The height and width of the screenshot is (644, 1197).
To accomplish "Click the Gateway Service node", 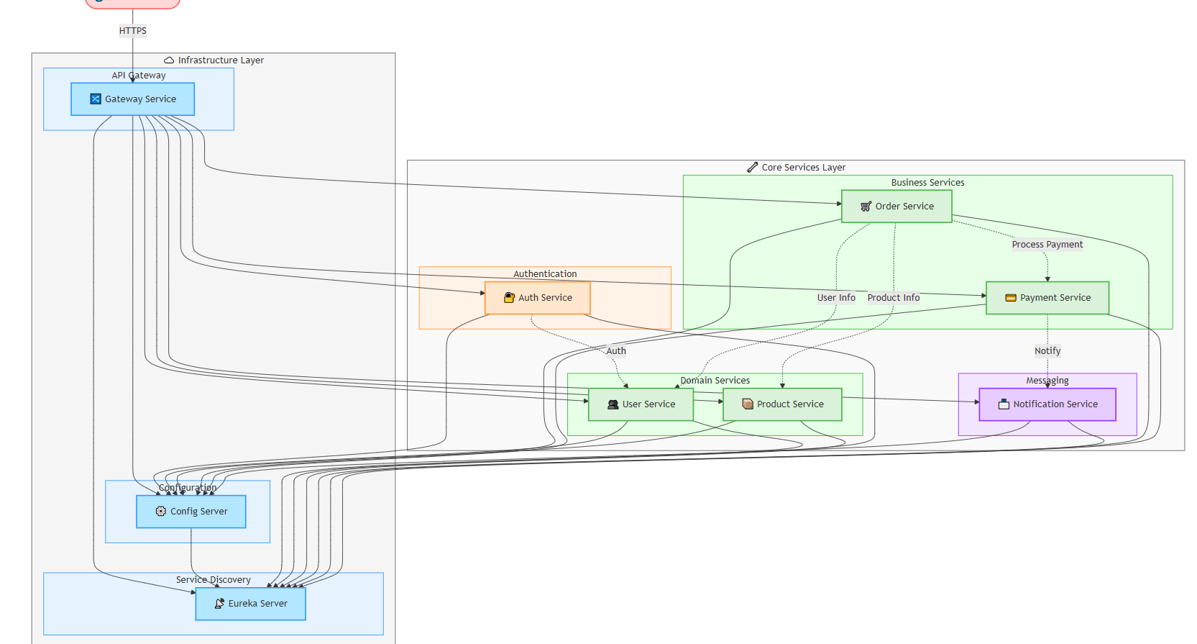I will pyautogui.click(x=133, y=99).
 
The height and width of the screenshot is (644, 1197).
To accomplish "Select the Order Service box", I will pyautogui.click(x=896, y=207).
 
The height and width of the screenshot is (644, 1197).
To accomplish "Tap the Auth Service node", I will pyautogui.click(x=538, y=298).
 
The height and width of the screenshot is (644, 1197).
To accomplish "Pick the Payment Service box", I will pyautogui.click(x=1047, y=298).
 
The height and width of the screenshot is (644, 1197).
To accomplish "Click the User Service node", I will pyautogui.click(x=641, y=404).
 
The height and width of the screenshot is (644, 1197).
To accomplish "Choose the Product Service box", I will pyautogui.click(x=782, y=404).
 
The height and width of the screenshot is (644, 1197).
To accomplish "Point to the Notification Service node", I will pyautogui.click(x=1047, y=404).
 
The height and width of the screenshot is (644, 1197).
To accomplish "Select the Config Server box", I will pyautogui.click(x=191, y=512).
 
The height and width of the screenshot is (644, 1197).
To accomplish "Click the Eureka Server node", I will pyautogui.click(x=250, y=604).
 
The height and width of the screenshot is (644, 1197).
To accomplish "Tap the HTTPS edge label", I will pyautogui.click(x=133, y=31).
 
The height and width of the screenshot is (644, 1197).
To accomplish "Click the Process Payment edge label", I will pyautogui.click(x=1047, y=245).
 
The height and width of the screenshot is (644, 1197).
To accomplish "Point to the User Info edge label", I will pyautogui.click(x=836, y=298).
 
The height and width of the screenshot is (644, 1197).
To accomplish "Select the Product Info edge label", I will pyautogui.click(x=894, y=298).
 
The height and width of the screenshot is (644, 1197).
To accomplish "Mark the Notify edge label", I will pyautogui.click(x=1047, y=351).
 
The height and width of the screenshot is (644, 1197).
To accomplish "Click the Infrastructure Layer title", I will pyautogui.click(x=221, y=60).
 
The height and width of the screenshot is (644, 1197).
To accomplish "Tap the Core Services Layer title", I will pyautogui.click(x=803, y=168).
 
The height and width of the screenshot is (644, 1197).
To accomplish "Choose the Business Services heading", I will pyautogui.click(x=927, y=183).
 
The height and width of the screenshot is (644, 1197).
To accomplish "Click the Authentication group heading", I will pyautogui.click(x=545, y=274).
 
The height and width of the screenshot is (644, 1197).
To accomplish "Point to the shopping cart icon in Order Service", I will pyautogui.click(x=866, y=207).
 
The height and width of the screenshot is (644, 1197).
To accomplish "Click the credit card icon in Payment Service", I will pyautogui.click(x=1010, y=298).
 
